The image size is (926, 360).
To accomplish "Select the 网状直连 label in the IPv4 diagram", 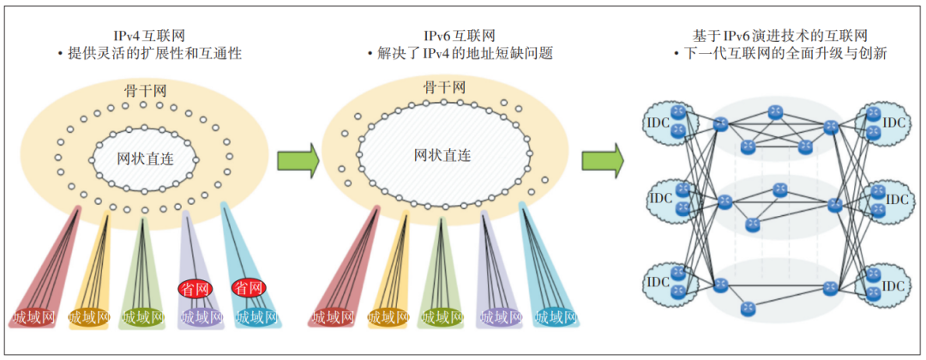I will [144, 159].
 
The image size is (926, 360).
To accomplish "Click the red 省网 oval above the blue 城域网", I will [249, 286].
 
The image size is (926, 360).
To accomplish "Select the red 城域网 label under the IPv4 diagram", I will [36, 318].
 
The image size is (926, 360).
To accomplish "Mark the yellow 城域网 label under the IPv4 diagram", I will [90, 318].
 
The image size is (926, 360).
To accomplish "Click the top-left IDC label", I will [658, 123].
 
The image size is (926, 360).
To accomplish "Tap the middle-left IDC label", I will [658, 199].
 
